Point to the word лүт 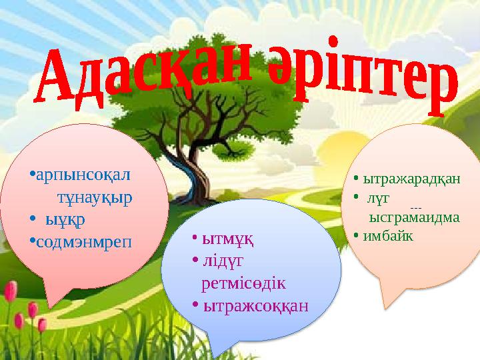[383, 198]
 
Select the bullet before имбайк [357, 235]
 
